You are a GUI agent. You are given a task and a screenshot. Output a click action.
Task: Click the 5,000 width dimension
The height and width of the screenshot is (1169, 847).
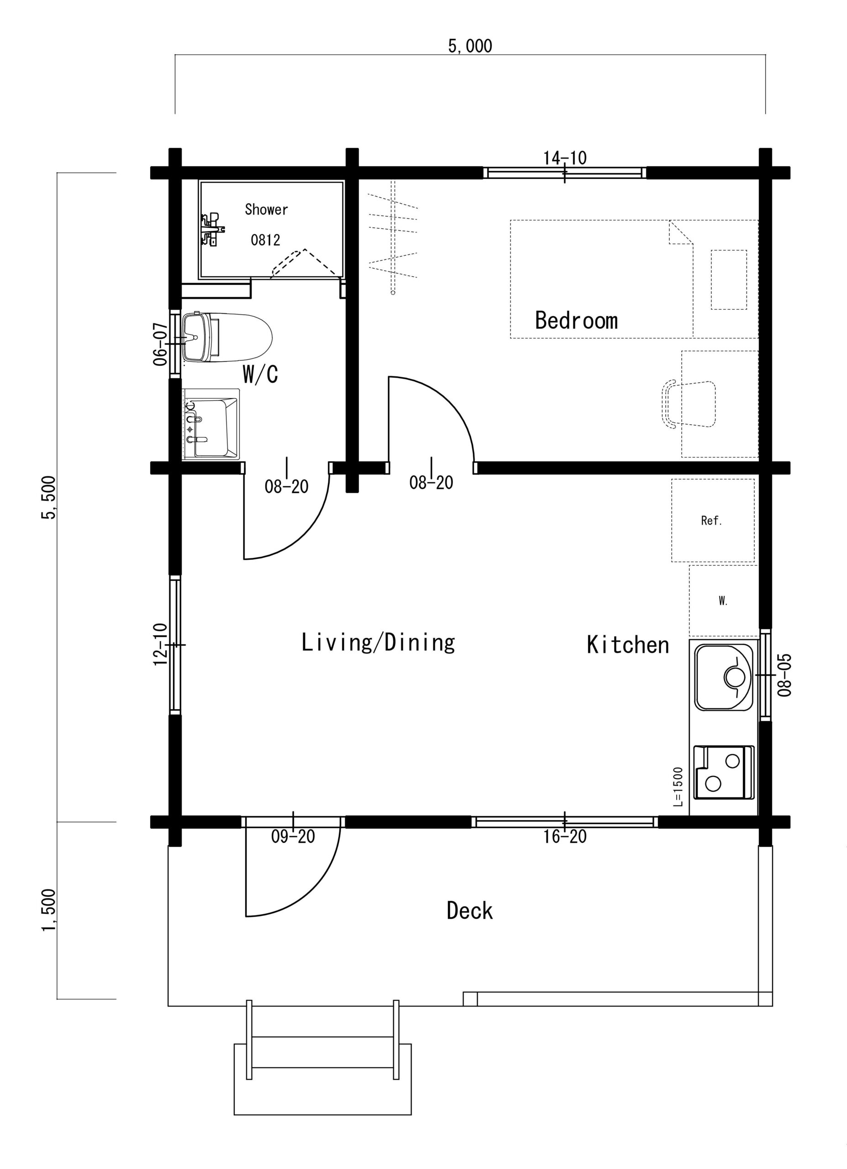[470, 47]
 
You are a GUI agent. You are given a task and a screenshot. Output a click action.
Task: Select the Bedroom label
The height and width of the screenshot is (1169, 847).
[576, 320]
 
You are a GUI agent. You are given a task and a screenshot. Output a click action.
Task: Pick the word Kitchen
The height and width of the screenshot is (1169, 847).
[628, 645]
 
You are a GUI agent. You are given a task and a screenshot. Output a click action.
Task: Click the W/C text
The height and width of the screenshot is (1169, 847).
[260, 375]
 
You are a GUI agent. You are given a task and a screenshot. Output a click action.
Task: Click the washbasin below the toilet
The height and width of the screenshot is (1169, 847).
[211, 424]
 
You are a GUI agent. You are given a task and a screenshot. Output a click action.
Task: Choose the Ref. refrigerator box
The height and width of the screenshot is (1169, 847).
[712, 521]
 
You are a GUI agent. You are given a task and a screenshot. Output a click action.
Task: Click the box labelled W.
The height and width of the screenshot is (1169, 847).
[723, 601]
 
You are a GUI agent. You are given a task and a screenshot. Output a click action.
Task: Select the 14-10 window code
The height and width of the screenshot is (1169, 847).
[565, 158]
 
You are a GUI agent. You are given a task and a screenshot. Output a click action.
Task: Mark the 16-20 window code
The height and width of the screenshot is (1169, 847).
[565, 837]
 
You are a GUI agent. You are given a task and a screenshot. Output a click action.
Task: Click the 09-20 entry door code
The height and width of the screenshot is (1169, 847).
[293, 837]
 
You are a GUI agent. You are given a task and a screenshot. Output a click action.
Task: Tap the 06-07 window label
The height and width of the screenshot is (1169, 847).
[160, 344]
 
